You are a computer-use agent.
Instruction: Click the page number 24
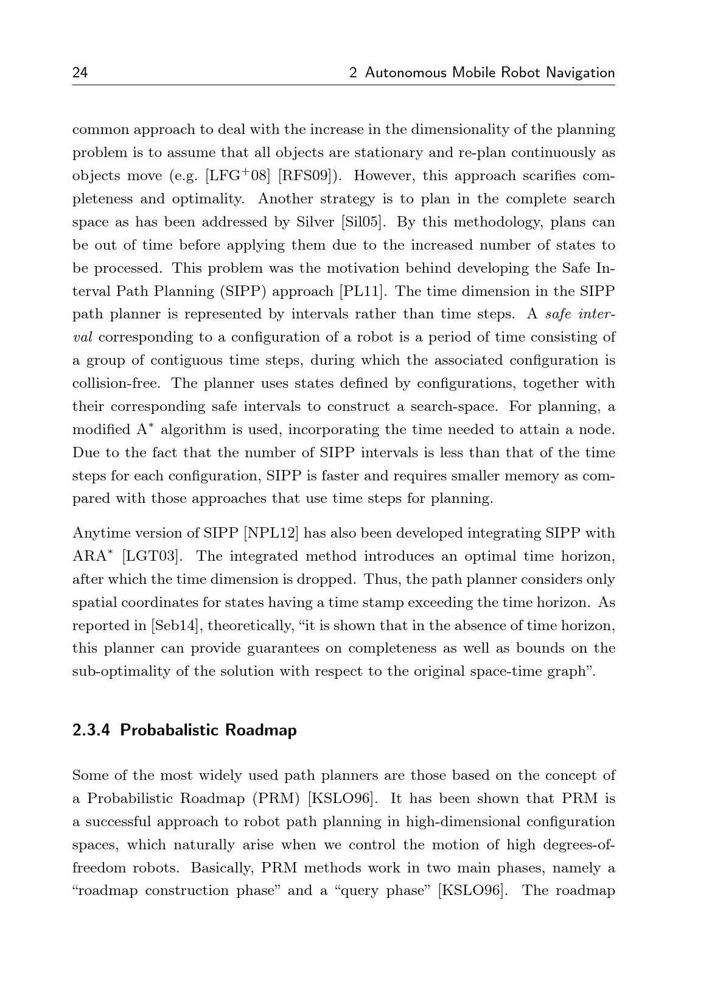pyautogui.click(x=80, y=73)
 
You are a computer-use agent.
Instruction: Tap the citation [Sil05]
pyautogui.click(x=364, y=222)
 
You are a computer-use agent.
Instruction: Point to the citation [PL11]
pyautogui.click(x=363, y=291)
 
